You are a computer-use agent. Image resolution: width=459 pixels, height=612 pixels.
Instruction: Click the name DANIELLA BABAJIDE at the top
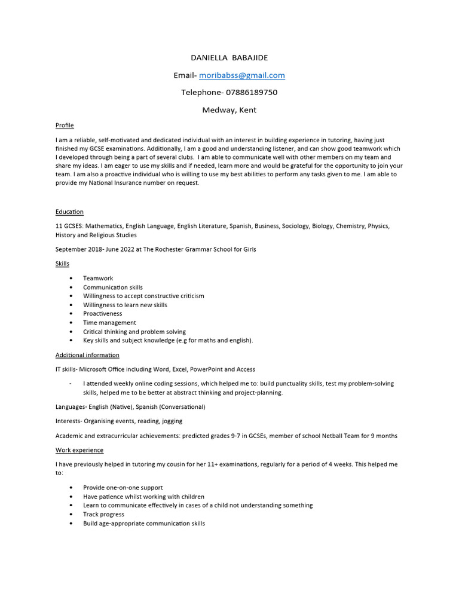pos(229,58)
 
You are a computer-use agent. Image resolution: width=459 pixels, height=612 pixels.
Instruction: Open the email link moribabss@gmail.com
pos(242,75)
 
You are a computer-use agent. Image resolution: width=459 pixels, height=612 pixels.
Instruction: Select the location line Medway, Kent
pos(229,110)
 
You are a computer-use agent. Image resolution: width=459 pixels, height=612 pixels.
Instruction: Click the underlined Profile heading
pos(65,126)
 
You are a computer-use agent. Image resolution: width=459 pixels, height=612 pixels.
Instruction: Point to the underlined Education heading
pos(69,212)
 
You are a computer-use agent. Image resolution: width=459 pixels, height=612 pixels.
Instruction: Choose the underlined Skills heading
pos(62,264)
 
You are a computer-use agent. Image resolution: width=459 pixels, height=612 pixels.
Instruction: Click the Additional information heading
pos(87,355)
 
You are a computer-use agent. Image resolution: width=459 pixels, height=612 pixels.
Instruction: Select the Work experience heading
pos(79,450)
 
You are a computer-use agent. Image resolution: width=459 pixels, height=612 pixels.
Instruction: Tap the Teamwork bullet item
pos(98,279)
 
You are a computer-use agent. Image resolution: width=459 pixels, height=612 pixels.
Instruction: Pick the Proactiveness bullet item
pos(102,314)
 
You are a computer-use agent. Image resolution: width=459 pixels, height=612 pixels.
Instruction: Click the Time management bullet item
pos(109,323)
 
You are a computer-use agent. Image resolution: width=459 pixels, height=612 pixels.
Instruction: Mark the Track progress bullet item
pos(103,515)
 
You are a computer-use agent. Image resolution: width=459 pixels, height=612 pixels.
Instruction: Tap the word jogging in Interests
pos(171,421)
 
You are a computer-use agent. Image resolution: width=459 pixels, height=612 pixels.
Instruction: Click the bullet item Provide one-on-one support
pos(123,488)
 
